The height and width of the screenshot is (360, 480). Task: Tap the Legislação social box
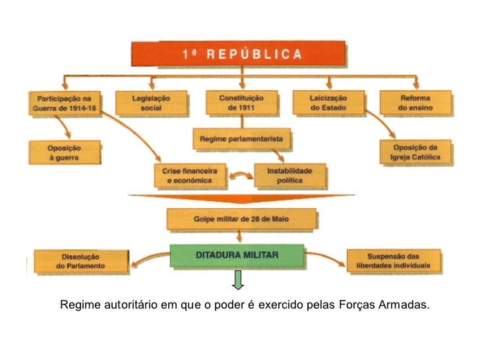(150, 103)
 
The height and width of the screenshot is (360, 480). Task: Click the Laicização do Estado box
(328, 103)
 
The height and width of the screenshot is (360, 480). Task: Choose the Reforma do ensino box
(415, 103)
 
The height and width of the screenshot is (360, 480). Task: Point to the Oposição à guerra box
(64, 152)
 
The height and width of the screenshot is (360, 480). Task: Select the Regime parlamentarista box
(242, 139)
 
